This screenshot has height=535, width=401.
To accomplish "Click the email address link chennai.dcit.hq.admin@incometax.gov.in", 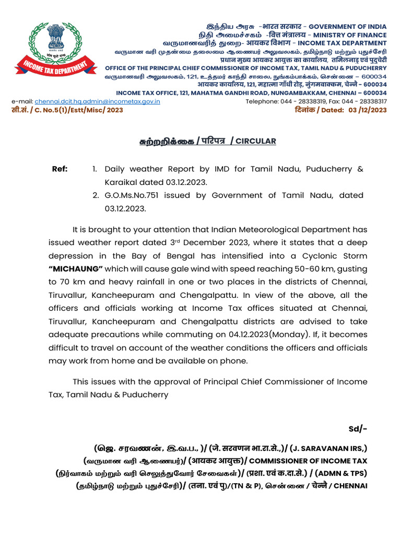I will pyautogui.click(x=97, y=101).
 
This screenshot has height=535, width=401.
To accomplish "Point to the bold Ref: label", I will pyautogui.click(x=60, y=169).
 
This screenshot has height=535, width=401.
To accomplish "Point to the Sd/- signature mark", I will pyautogui.click(x=358, y=429).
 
